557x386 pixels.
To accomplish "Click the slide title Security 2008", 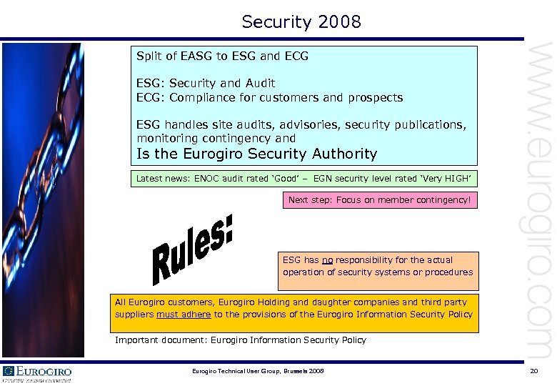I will pos(301,22).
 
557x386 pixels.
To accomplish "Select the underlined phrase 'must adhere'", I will pos(184,315).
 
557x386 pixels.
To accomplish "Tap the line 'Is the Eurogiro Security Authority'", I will pos(256,154).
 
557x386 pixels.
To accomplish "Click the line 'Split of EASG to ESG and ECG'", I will pos(222,56).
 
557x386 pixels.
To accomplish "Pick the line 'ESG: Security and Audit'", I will pos(206,84).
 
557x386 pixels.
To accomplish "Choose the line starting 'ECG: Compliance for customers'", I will pos(269,97).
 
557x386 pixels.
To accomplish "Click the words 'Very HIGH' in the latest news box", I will pos(447,177).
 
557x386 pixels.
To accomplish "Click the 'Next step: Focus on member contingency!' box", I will pos(379,200).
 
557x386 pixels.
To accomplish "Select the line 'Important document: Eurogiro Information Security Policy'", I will pos(241,340).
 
